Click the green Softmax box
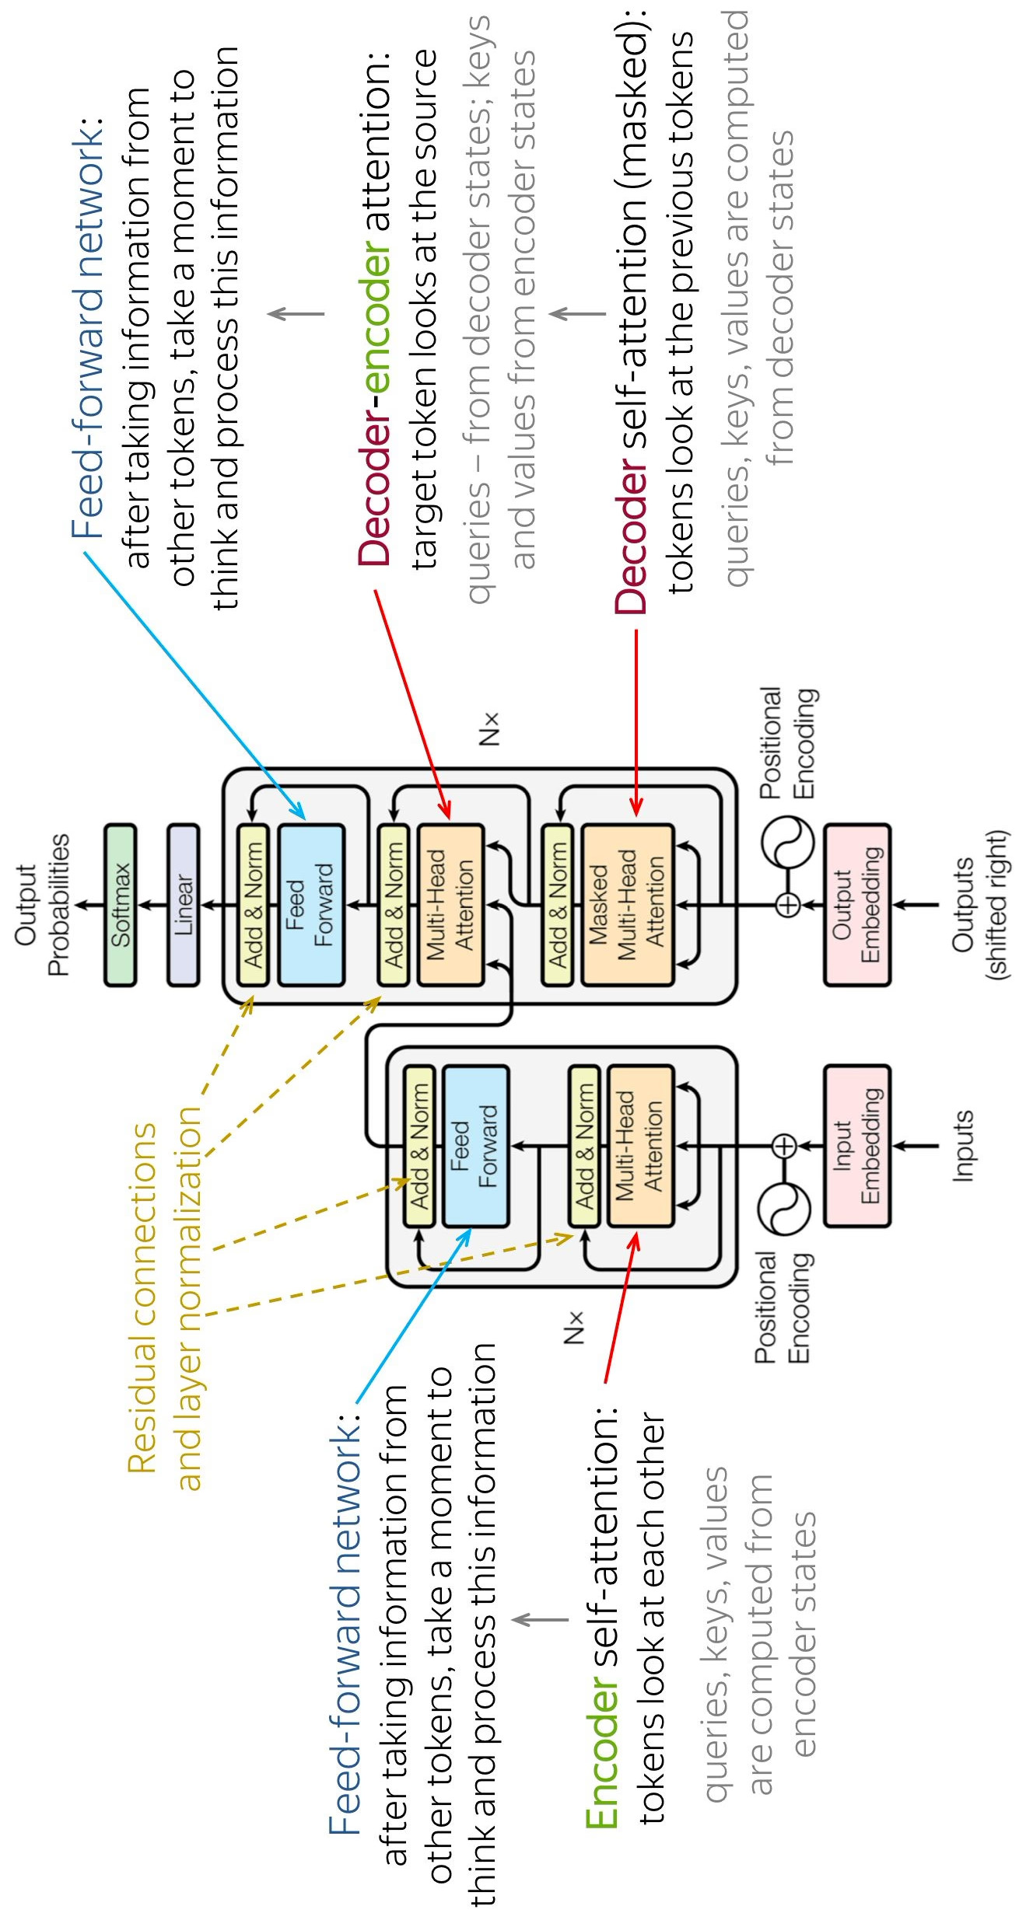[x=121, y=905]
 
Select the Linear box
[x=184, y=905]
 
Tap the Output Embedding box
[x=857, y=905]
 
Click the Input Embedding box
[x=857, y=1146]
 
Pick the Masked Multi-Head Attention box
[x=627, y=905]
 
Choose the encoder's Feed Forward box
[x=475, y=1146]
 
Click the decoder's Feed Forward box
[x=311, y=905]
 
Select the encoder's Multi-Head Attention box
[x=640, y=1146]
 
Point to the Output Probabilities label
[x=42, y=905]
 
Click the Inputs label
[x=963, y=1146]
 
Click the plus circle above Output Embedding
[x=788, y=905]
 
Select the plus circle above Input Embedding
[x=785, y=1146]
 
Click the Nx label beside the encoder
[x=573, y=1328]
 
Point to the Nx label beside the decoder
[x=488, y=729]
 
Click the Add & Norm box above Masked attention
[x=557, y=905]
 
